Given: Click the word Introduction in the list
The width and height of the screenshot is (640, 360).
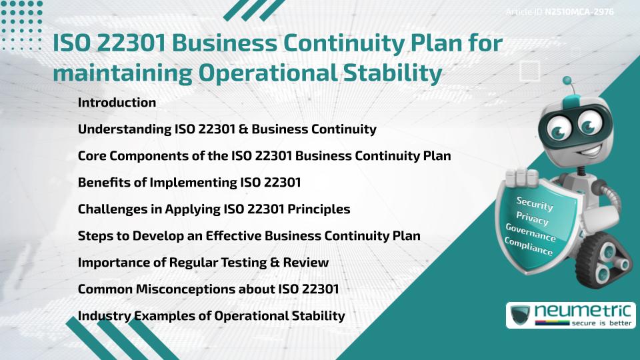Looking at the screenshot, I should point(117,103).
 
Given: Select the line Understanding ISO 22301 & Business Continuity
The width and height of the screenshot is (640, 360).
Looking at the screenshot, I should point(227,129).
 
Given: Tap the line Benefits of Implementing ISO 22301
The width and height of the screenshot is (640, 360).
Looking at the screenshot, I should point(189,183).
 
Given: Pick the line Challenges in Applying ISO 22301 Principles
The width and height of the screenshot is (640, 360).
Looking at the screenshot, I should point(214,209).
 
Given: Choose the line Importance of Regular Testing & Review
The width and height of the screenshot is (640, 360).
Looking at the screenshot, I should point(203,263).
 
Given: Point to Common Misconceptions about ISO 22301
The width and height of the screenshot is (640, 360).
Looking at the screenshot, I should point(209,289).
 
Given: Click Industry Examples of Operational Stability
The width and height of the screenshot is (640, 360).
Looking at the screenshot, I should point(211,316).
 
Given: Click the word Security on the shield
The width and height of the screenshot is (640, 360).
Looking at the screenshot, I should point(535,203).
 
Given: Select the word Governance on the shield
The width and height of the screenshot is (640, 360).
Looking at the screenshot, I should point(531,233).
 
